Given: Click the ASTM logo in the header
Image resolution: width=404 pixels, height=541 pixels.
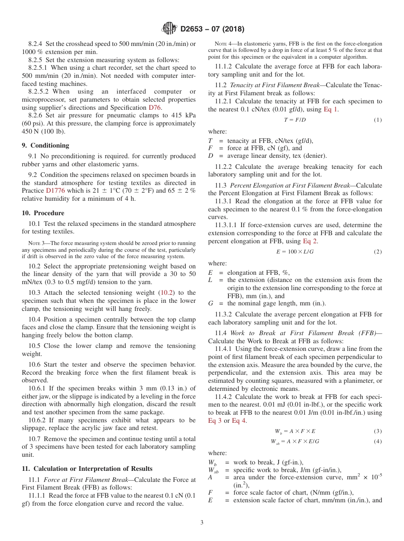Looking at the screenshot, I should coord(169,29).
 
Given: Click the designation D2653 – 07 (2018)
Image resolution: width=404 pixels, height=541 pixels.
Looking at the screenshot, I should coord(212,29).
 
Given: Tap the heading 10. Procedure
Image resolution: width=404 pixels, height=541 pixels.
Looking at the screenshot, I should coord(43,213).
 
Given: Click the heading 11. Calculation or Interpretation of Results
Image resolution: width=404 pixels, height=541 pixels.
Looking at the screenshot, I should coord(87,469).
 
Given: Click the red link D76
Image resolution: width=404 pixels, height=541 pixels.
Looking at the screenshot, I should coord(154,108).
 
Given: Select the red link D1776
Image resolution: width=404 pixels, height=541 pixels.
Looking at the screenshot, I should coord(55,191).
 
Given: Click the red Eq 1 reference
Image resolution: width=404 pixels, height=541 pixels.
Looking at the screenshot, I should coord(331,109).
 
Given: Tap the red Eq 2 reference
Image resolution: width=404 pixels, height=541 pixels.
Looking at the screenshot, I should coord(310,241).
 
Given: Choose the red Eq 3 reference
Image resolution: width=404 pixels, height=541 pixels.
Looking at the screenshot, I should coord(215,421).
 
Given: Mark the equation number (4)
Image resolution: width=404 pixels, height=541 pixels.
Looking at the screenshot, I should coord(378,441).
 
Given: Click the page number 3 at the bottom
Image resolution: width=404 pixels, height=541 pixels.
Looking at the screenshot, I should coord(202,523).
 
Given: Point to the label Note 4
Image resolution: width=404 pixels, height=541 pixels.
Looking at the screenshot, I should coord(222,44).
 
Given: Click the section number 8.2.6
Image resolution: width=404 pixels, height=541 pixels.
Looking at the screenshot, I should coord(37,116).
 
